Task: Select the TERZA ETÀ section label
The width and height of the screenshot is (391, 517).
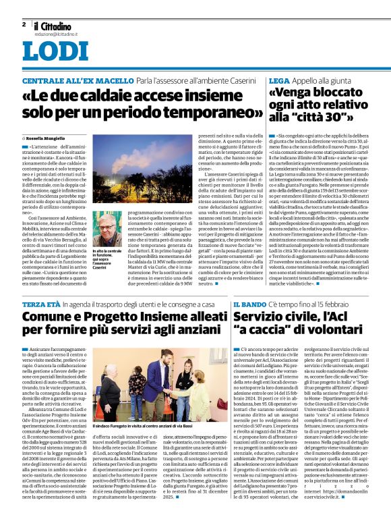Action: click(42, 305)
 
